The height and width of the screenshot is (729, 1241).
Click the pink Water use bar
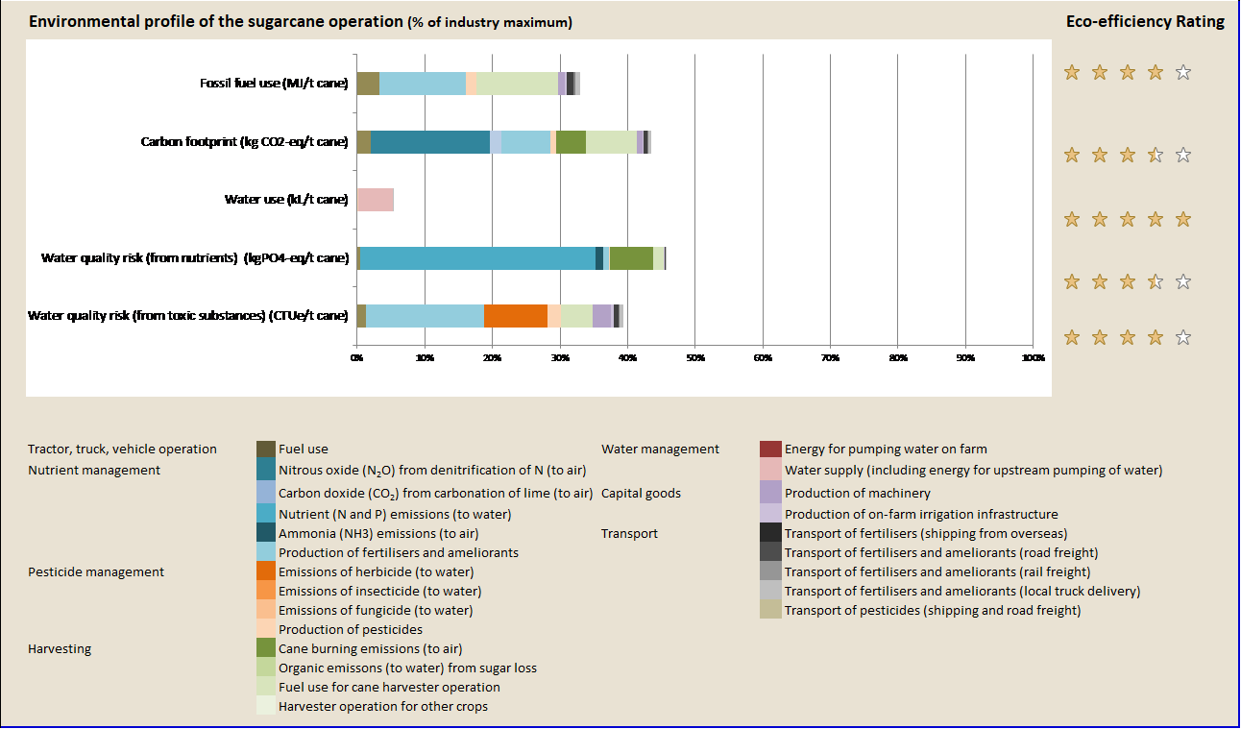pos(375,200)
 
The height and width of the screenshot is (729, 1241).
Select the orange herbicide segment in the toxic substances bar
pos(515,316)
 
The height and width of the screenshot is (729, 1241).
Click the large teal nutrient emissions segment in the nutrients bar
pos(477,258)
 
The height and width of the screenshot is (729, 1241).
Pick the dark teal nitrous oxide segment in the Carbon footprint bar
pos(429,142)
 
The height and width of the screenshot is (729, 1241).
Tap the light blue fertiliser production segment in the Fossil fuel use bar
pos(422,84)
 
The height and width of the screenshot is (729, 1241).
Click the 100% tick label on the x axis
pos(1033,357)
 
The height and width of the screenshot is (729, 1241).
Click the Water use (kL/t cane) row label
pos(285,200)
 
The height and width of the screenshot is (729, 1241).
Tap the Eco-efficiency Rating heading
pos(1145,22)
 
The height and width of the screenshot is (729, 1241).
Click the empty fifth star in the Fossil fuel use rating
pos(1183,72)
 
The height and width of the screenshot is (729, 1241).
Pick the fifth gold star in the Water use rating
pos(1183,219)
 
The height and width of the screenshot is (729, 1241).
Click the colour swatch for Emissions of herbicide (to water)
pos(266,571)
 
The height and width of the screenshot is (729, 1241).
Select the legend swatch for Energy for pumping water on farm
pos(769,449)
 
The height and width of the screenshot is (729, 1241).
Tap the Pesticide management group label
pos(96,572)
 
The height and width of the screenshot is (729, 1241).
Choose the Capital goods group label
pos(641,494)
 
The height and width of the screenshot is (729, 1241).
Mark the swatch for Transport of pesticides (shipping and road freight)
pos(769,610)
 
